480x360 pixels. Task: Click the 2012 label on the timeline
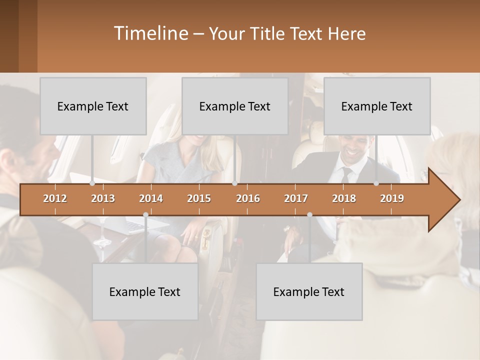click(x=55, y=198)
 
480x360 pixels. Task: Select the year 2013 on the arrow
click(x=103, y=198)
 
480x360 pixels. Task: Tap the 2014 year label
click(x=151, y=198)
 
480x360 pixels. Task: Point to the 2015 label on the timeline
click(x=199, y=198)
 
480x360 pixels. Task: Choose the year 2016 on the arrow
click(x=248, y=198)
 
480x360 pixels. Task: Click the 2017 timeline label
click(x=296, y=198)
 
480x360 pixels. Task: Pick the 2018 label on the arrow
click(x=344, y=198)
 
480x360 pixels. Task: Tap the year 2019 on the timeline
click(x=392, y=198)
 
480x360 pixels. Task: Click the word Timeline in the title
click(x=149, y=33)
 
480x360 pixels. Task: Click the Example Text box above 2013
click(x=93, y=106)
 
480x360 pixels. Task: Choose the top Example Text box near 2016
click(x=235, y=106)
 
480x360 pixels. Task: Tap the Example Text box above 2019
click(x=377, y=106)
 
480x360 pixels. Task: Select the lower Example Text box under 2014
click(x=145, y=291)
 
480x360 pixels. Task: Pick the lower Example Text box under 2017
click(x=309, y=291)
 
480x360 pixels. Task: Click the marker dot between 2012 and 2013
click(x=92, y=183)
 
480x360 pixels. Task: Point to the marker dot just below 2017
click(x=309, y=214)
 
